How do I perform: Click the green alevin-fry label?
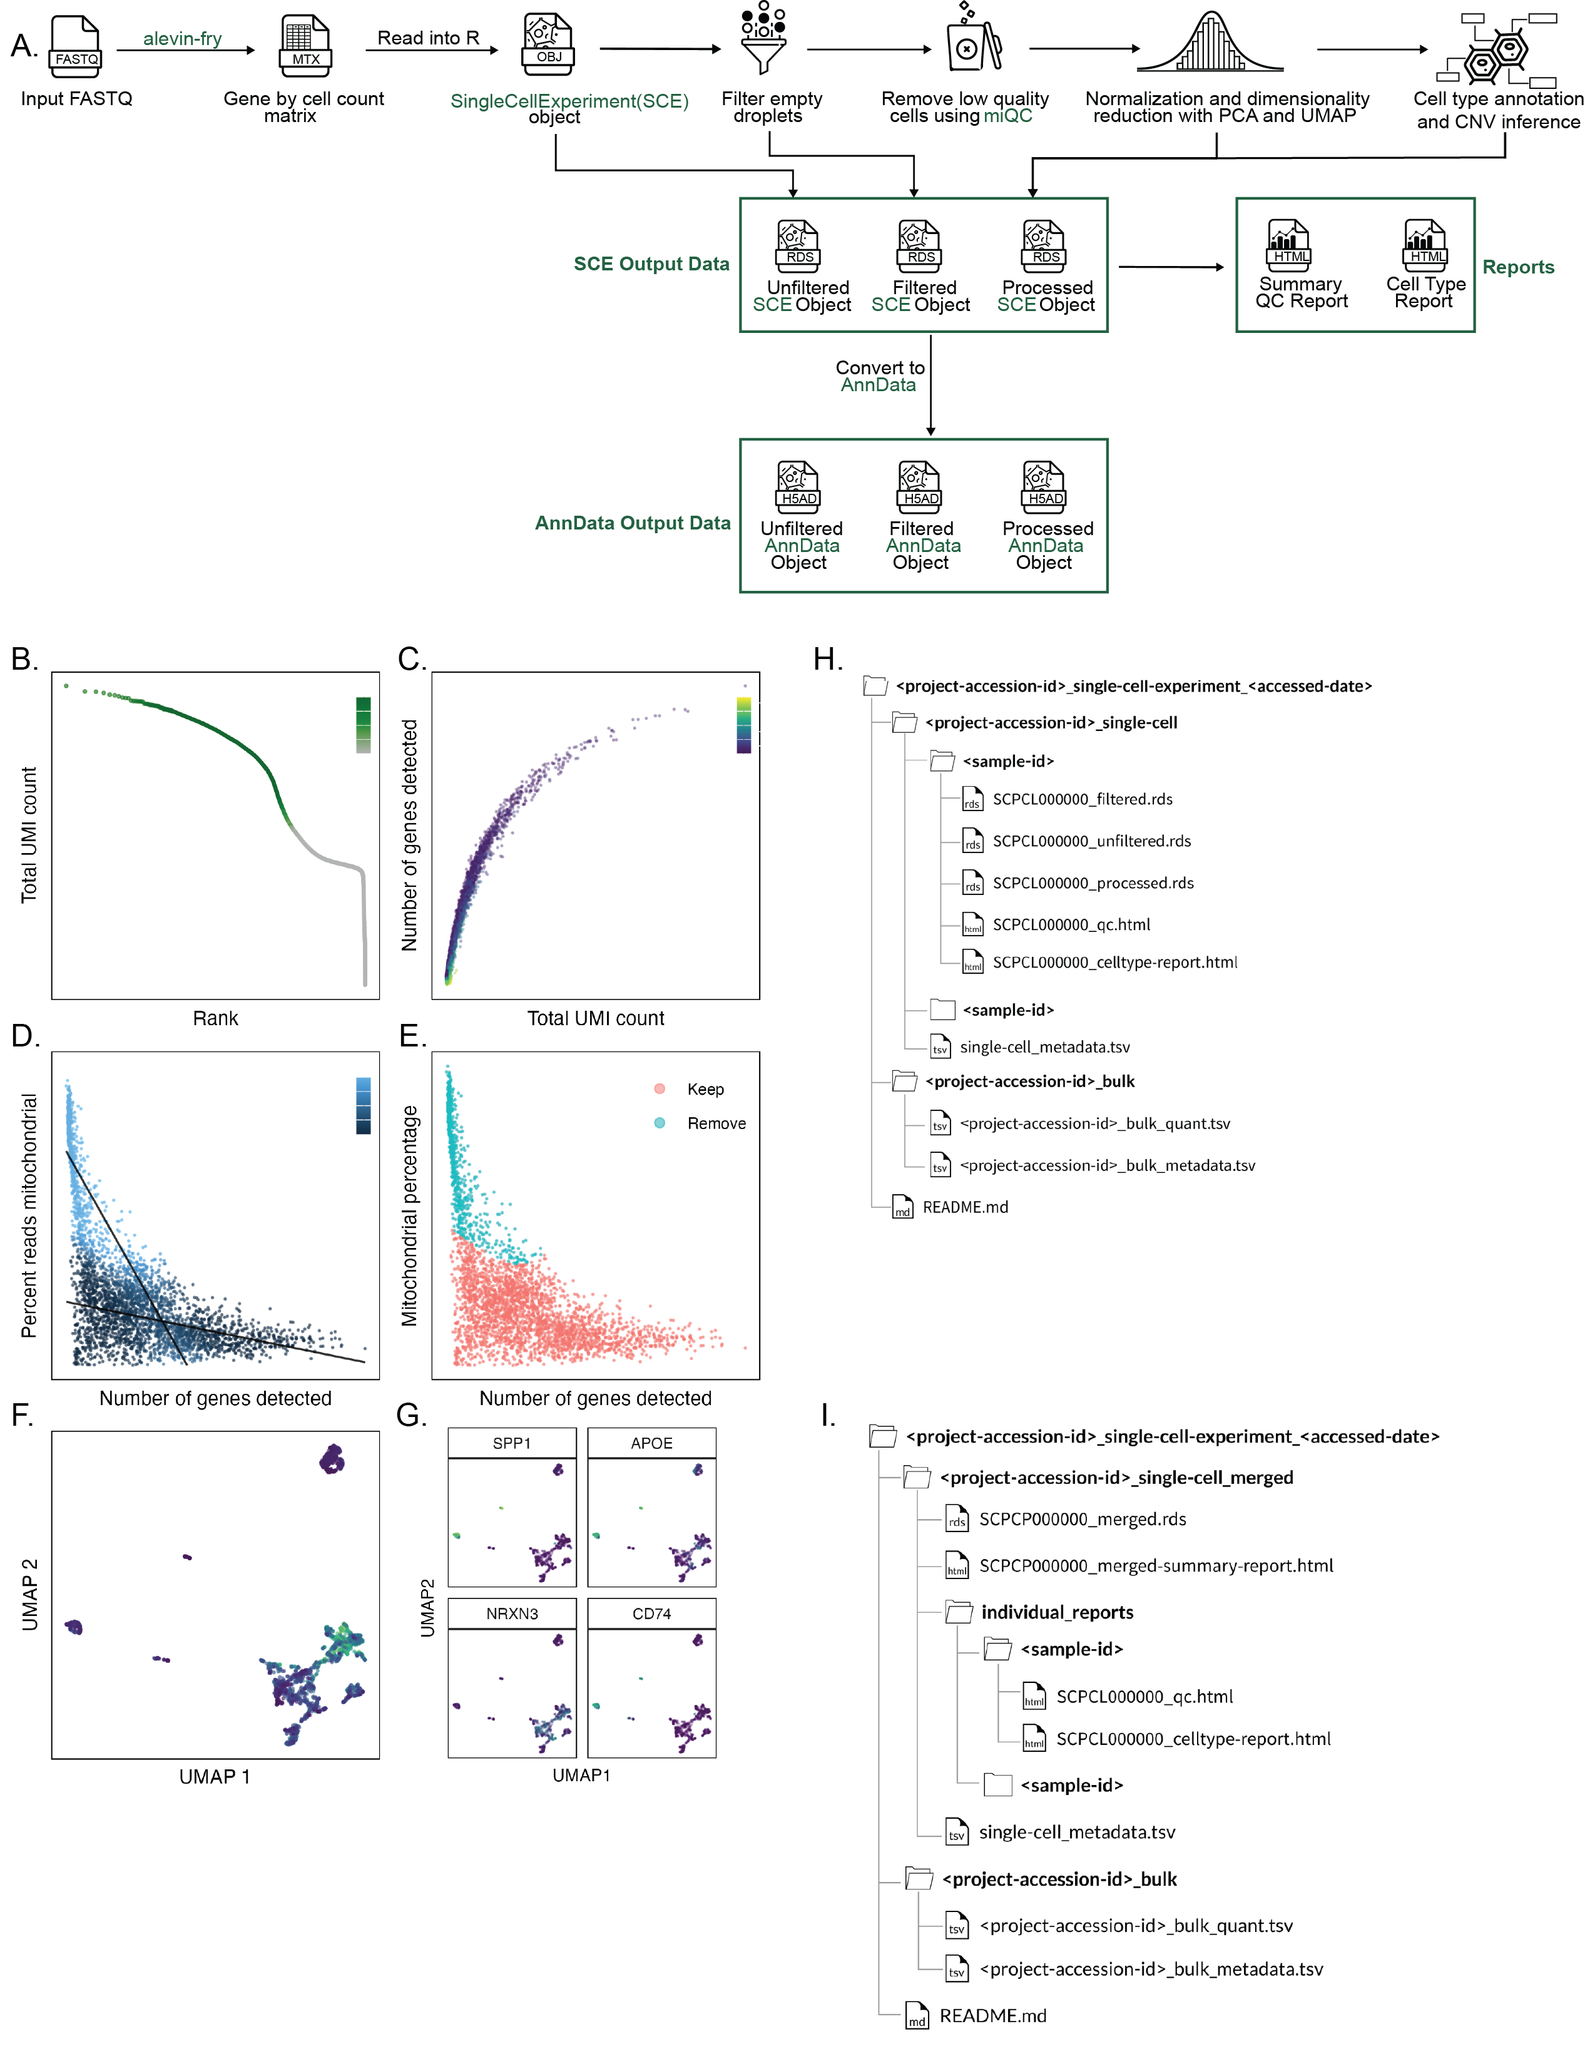[183, 39]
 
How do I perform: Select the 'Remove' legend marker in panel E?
[660, 1123]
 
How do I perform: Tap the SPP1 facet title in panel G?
[512, 1443]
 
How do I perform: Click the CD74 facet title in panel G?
[651, 1614]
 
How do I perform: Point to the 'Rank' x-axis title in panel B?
[215, 1018]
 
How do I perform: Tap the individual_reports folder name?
[1057, 1613]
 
